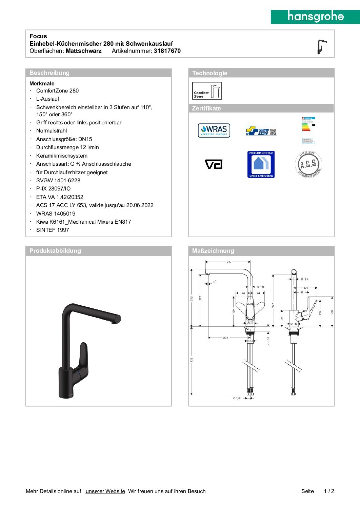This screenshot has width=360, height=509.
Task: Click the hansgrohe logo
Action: tap(315, 17)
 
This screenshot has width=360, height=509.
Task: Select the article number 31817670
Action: tap(167, 51)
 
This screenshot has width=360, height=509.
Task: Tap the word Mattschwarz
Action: tap(83, 51)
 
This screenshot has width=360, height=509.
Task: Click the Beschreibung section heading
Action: tap(49, 73)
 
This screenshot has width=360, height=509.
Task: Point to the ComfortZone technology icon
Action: tap(207, 91)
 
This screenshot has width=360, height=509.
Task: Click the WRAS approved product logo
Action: tap(214, 130)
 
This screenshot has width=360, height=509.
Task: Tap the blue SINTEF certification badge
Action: tap(261, 164)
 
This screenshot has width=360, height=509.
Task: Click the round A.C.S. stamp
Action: tap(308, 165)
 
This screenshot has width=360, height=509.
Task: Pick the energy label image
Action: tap(308, 130)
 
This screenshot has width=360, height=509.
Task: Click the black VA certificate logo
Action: tap(214, 164)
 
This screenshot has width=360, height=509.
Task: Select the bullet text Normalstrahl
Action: tap(52, 131)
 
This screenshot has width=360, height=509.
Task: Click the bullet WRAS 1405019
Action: tap(56, 213)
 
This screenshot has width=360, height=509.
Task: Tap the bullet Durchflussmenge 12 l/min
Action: tap(67, 147)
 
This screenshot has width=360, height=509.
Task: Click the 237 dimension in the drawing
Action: tap(229, 262)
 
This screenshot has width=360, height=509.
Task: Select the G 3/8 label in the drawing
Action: tap(237, 398)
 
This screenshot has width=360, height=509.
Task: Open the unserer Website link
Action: tap(105, 491)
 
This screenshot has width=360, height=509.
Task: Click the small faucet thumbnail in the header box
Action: tap(321, 47)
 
